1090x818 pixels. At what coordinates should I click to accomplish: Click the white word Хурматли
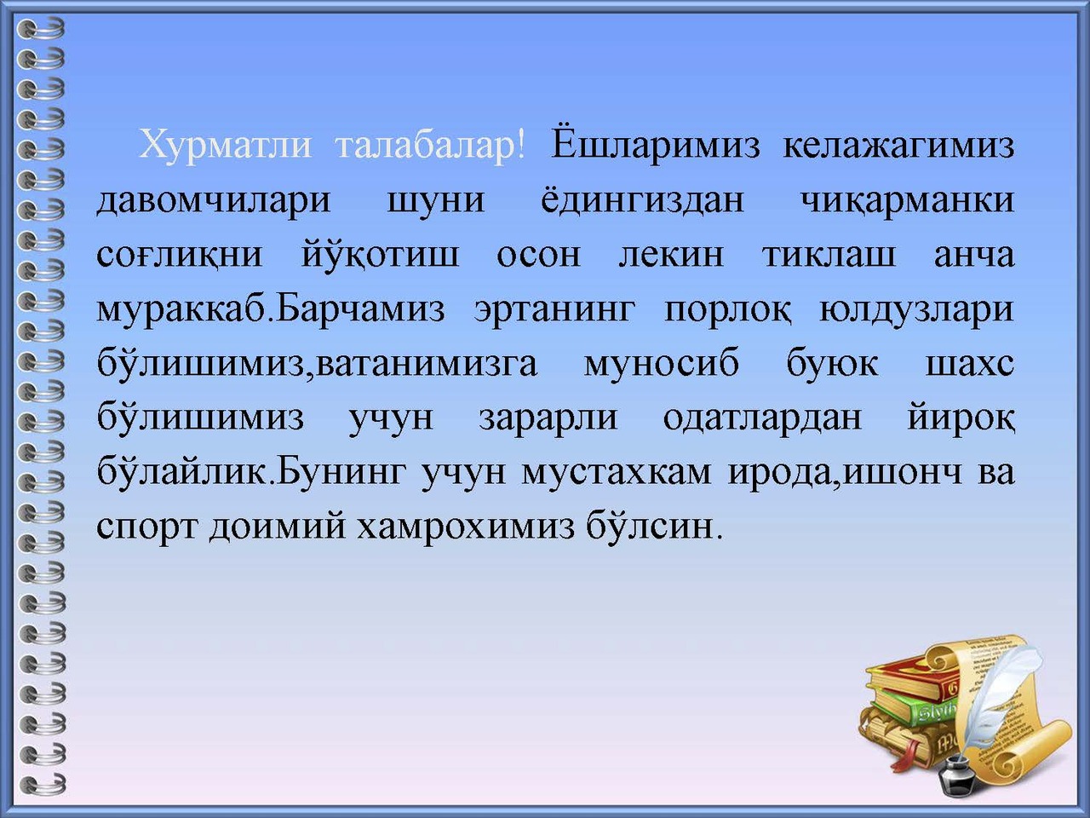tap(225, 146)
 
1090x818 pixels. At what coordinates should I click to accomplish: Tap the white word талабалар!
tap(430, 146)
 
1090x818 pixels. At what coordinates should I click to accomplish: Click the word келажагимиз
tap(898, 146)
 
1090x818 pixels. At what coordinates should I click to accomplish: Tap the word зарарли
tap(548, 421)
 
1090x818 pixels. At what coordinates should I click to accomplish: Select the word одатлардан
tap(762, 420)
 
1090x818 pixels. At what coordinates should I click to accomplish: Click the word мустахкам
tap(617, 475)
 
